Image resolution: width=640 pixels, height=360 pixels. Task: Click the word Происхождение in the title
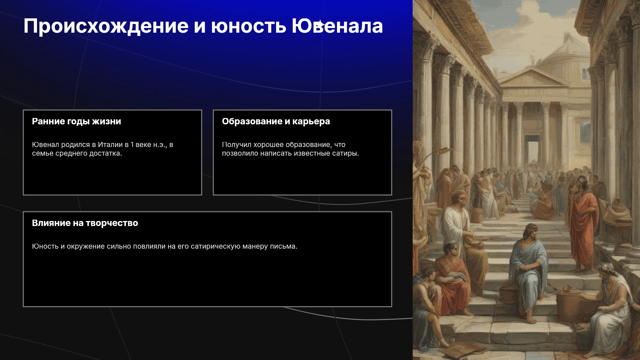click(x=106, y=26)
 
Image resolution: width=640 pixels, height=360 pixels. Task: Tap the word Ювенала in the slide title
click(x=337, y=26)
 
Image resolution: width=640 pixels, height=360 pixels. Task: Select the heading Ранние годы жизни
click(x=76, y=121)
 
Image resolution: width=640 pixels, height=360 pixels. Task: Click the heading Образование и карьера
click(x=276, y=121)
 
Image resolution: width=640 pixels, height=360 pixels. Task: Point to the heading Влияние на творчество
click(x=85, y=223)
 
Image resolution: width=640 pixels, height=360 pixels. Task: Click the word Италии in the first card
click(x=110, y=145)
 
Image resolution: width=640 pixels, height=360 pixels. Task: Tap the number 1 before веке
click(x=132, y=145)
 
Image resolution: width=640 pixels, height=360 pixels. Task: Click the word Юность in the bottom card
click(x=45, y=246)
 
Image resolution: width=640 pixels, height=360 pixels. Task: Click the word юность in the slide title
click(x=249, y=26)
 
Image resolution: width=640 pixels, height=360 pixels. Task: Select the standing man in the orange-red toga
click(x=583, y=223)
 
